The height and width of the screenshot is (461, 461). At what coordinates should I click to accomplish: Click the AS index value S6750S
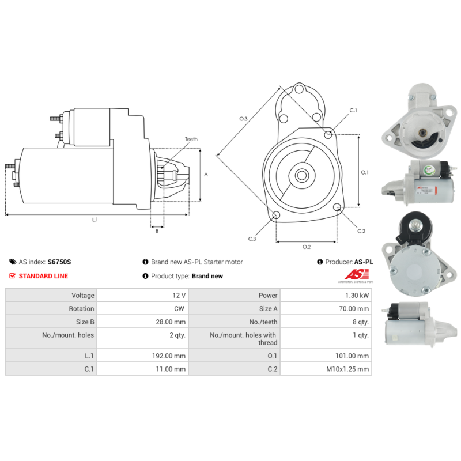click(59, 262)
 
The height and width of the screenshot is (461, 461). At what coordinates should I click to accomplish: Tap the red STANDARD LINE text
click(43, 276)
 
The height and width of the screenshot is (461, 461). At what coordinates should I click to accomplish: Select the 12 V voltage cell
click(179, 295)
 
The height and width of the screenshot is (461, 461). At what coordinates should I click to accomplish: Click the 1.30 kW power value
click(357, 295)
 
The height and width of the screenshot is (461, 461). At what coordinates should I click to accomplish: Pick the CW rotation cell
click(180, 309)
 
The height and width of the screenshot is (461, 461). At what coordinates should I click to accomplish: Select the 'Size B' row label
click(82, 322)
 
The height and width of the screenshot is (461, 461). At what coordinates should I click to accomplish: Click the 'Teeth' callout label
click(191, 139)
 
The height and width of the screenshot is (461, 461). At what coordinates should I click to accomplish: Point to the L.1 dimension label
click(95, 219)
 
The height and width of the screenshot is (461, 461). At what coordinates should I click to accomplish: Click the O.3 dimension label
click(243, 119)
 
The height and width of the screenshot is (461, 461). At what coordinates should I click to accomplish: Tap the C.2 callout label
click(361, 231)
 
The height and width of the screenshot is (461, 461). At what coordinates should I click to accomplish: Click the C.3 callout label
click(252, 239)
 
